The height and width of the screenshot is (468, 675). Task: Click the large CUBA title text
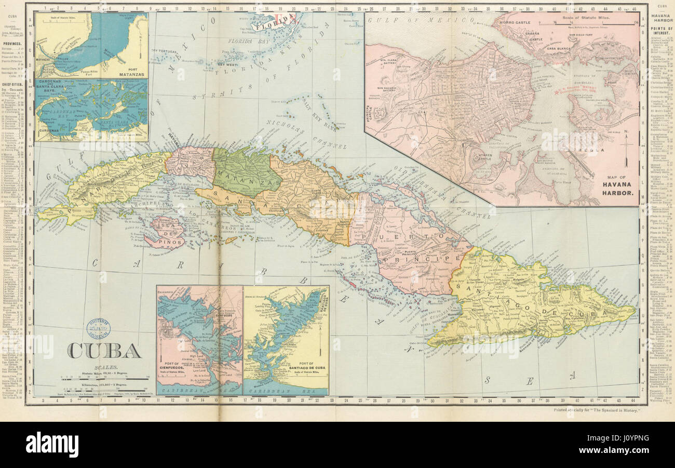(x=104, y=351)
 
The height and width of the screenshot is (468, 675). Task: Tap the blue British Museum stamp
(x=98, y=328)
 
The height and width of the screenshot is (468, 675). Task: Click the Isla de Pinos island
(x=165, y=233)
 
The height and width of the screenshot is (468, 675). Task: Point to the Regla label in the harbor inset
(x=586, y=151)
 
